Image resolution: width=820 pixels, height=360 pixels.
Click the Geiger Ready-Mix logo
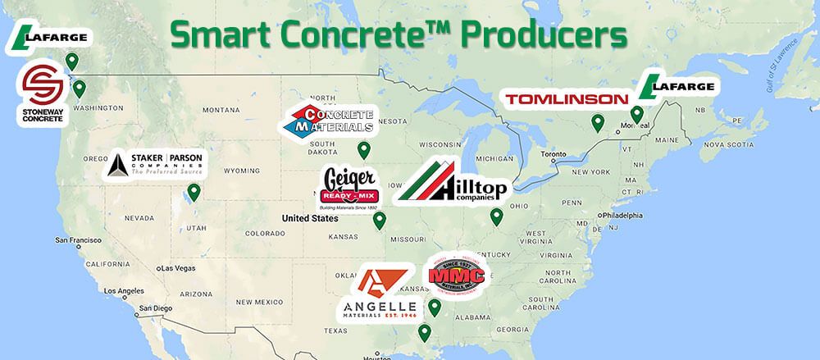click(x=349, y=189)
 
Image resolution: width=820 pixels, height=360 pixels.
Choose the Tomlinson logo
click(x=567, y=99)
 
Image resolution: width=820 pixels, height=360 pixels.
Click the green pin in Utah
click(x=194, y=192)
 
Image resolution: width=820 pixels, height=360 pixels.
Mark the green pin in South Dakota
click(x=363, y=150)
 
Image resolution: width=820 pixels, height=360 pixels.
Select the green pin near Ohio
click(x=496, y=216)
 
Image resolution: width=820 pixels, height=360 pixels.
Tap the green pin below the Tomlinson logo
click(x=598, y=123)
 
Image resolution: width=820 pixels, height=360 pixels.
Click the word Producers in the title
click(x=544, y=34)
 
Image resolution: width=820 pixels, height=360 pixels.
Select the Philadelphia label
click(x=635, y=215)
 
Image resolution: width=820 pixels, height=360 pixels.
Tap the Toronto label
click(x=555, y=154)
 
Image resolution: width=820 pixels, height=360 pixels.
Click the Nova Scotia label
click(x=727, y=144)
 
